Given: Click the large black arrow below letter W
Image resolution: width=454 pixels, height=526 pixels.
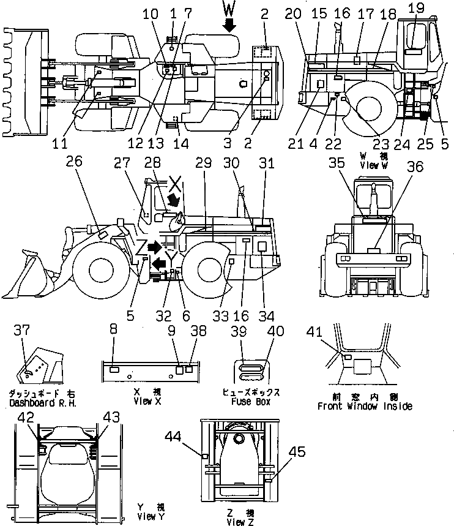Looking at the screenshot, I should (229, 24).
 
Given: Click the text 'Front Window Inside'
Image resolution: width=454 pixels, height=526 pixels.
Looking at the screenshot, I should (365, 406).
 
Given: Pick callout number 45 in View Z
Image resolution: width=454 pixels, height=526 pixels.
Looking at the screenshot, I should (297, 454).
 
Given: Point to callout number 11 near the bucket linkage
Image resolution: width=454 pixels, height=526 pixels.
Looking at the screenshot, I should (59, 144).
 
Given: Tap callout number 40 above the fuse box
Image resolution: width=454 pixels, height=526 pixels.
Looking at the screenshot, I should (275, 331).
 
